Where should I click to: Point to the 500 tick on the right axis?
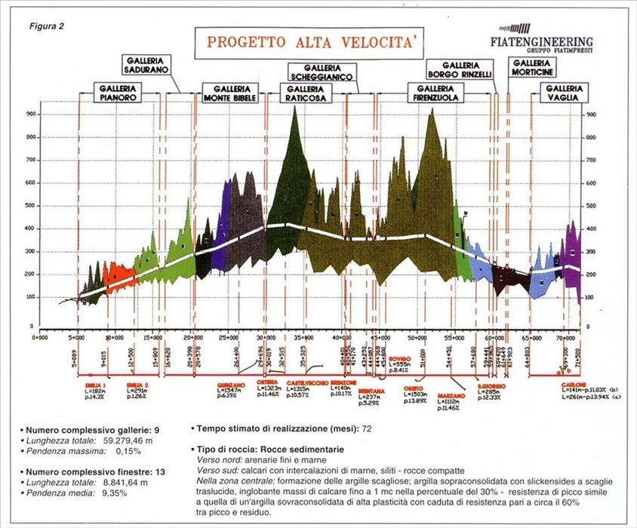click(592, 206)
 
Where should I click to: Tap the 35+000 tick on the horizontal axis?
click(304, 339)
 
